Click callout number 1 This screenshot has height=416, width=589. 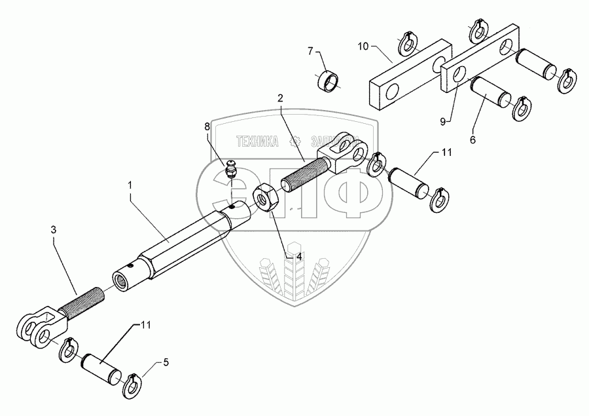(130, 186)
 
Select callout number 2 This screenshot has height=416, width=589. (280, 98)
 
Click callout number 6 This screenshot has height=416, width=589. (474, 140)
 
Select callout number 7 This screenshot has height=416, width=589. (311, 50)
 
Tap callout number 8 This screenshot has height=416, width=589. (207, 126)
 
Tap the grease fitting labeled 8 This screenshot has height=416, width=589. (230, 171)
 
